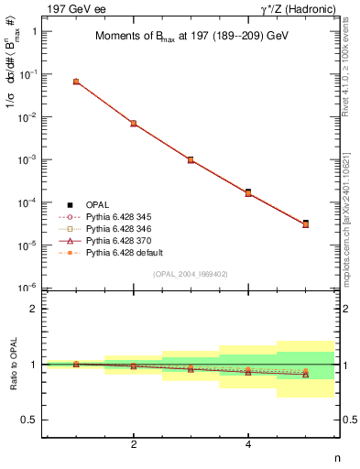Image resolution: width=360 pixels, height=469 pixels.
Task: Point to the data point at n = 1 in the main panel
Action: [76, 82]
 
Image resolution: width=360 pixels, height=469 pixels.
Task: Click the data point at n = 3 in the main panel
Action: [191, 159]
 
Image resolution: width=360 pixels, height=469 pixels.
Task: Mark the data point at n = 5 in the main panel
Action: [305, 224]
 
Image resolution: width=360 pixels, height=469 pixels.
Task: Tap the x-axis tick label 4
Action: [248, 444]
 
